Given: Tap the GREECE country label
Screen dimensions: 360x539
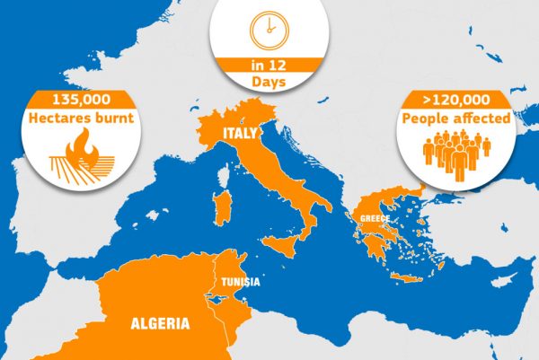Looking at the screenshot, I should pos(374,219).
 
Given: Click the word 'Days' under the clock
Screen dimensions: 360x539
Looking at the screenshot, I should pos(269,82).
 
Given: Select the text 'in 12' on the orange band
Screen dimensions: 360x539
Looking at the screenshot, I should pos(269,66).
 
